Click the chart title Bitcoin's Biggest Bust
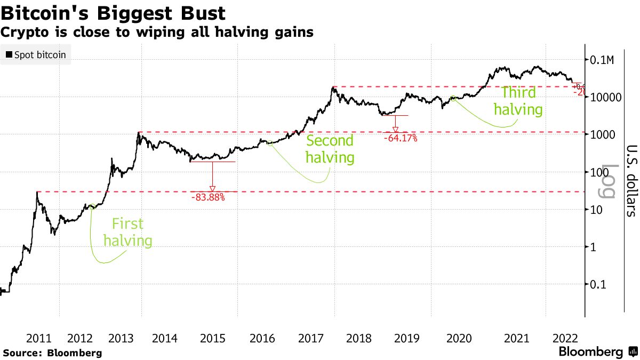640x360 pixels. coord(113,12)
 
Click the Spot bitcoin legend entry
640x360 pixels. coord(36,54)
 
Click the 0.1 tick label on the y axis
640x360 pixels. coord(599,284)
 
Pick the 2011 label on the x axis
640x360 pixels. coord(38,338)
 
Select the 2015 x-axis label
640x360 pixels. coord(212,338)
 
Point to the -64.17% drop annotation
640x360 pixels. coord(400,138)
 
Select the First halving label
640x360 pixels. coord(127,233)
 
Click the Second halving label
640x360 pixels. coord(330,149)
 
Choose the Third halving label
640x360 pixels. coord(518,101)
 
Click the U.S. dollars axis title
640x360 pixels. coord(631,180)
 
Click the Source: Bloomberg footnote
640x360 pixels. coord(52,353)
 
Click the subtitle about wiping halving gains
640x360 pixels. coord(157,33)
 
